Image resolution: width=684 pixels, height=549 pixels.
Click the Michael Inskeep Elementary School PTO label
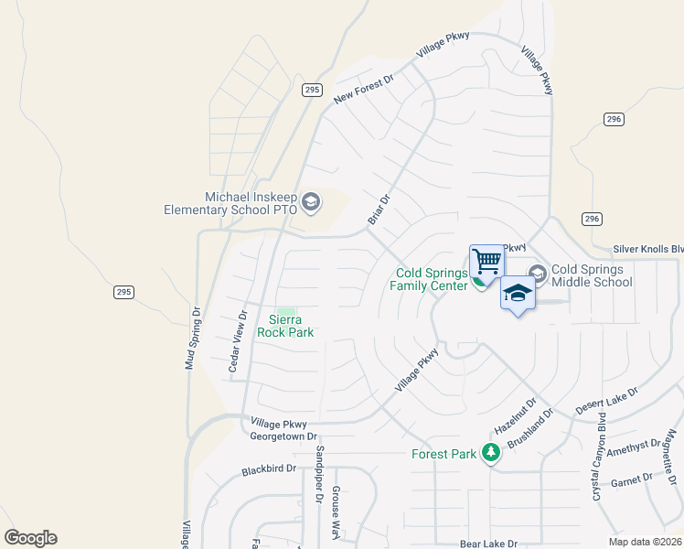pos(230,203)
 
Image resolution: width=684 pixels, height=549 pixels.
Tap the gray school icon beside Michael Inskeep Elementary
pos(311,202)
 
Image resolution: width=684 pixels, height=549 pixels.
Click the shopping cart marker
pos(486,262)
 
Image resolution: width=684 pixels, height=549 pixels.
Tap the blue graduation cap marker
pos(518,294)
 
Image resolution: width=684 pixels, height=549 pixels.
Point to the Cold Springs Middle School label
pos(592,275)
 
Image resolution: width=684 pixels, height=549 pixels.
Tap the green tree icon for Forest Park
pos(491,452)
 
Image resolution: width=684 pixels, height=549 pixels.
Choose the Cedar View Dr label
pos(237,341)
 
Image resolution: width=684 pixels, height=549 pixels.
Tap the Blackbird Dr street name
pos(269,469)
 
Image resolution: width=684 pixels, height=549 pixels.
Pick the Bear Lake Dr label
pos(489,543)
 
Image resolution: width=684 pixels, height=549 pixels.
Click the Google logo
pos(30,538)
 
